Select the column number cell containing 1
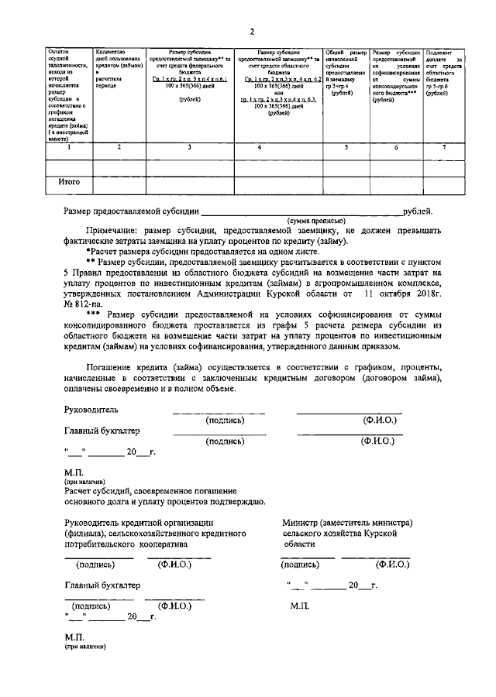tap(70, 146)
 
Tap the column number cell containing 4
tap(279, 146)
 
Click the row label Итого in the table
tap(71, 184)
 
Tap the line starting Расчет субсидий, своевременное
tap(139, 491)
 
